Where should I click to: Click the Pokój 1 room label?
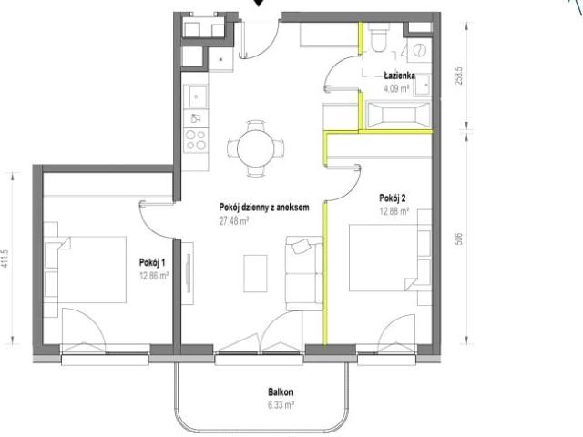click(152, 262)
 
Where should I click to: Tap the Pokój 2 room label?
click(393, 198)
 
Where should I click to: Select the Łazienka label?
click(400, 76)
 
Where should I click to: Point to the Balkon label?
click(281, 392)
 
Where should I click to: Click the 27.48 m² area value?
click(234, 221)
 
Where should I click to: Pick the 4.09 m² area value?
click(397, 88)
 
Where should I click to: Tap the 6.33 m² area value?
click(281, 404)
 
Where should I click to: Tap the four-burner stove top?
click(196, 139)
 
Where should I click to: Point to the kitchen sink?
click(196, 97)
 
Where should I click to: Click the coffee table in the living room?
click(255, 273)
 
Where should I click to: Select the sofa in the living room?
click(304, 273)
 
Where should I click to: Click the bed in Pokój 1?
click(91, 269)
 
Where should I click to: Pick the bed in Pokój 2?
click(384, 257)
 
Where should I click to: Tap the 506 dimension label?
click(459, 239)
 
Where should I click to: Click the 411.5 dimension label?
click(5, 259)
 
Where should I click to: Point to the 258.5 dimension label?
click(459, 76)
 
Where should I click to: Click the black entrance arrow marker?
click(259, 3)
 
